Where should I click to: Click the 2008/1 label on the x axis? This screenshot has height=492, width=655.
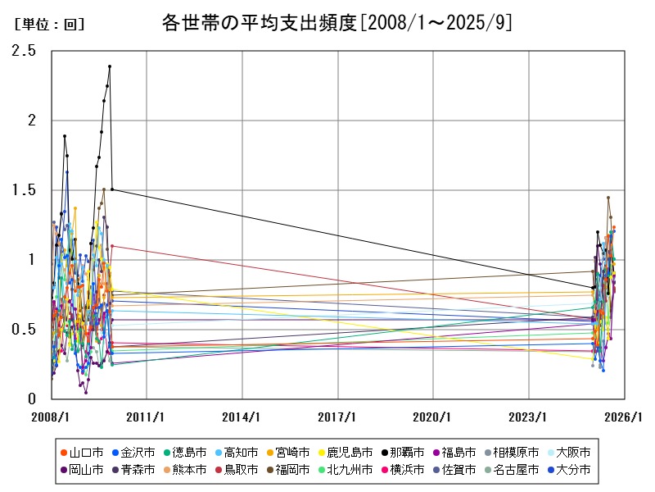click(52, 417)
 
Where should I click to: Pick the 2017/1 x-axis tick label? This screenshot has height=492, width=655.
click(338, 417)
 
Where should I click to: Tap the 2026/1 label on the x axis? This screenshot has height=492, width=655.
click(625, 417)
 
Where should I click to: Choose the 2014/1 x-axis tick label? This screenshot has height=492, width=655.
click(242, 417)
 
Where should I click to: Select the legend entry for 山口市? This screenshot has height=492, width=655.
click(81, 452)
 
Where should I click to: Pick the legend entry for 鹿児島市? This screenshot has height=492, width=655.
click(343, 452)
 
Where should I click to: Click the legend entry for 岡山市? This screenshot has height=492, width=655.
click(81, 470)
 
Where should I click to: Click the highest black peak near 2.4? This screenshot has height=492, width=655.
click(110, 66)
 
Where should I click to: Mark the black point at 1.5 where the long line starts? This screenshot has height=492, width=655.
click(112, 189)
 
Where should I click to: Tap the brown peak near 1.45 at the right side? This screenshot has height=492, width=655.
click(608, 198)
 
